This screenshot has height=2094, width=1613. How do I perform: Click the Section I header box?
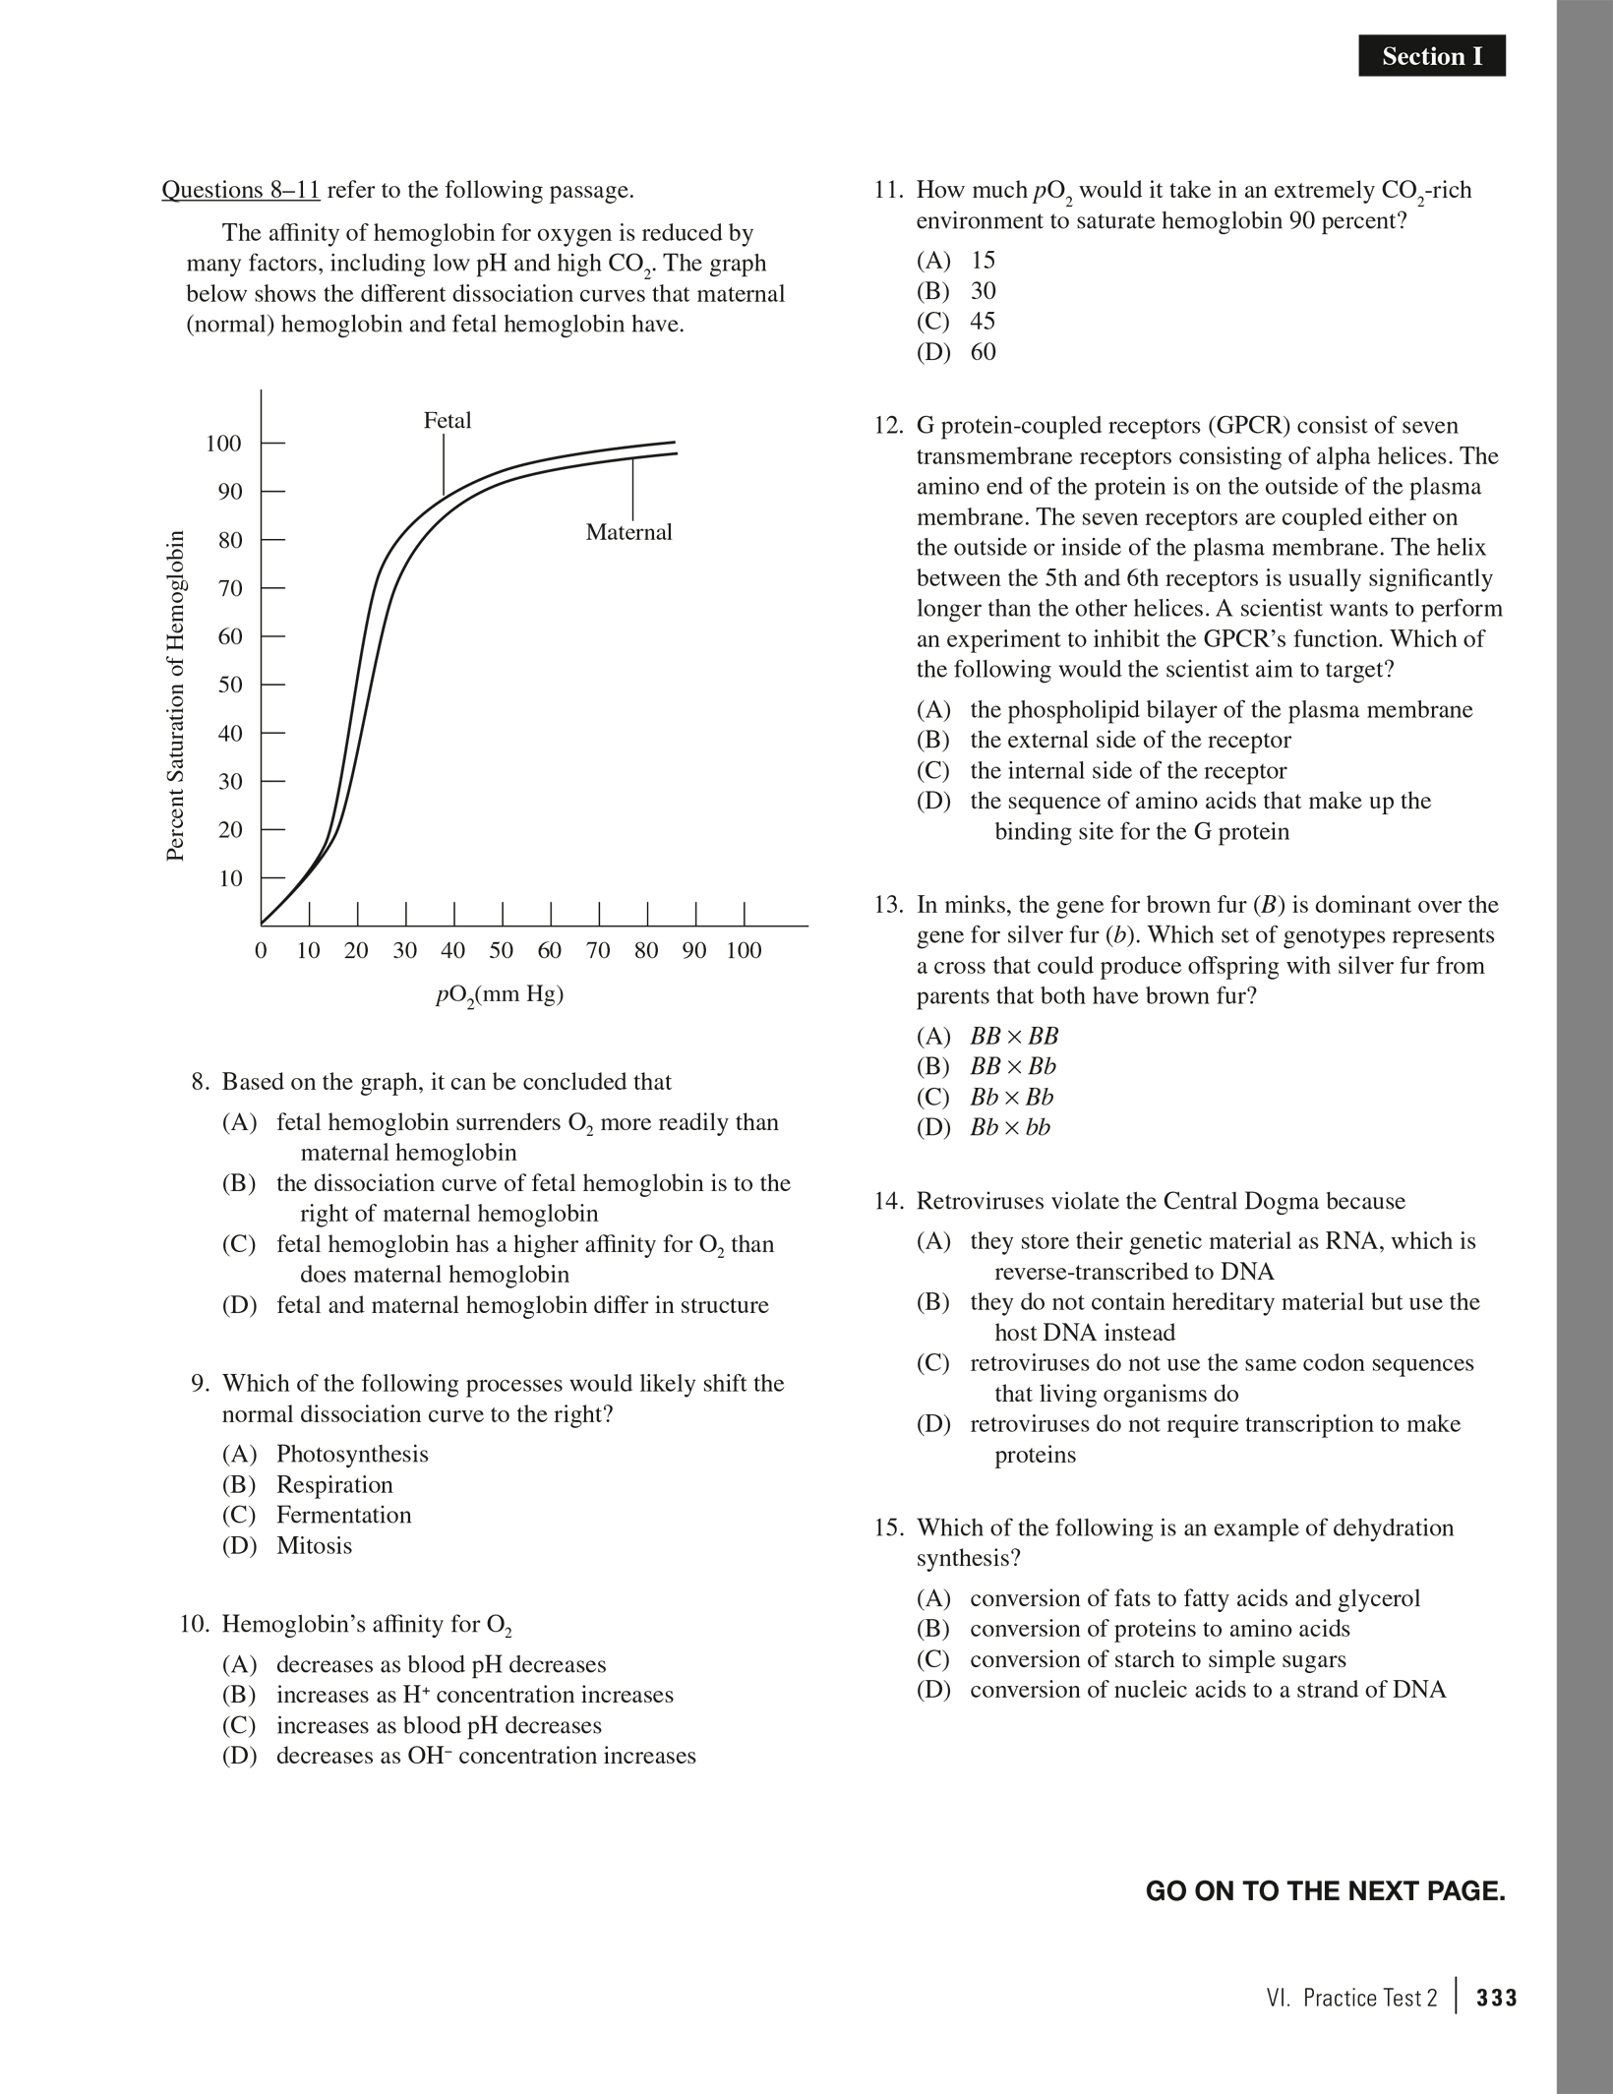(1431, 56)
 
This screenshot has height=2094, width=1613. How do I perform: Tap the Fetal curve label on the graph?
(448, 421)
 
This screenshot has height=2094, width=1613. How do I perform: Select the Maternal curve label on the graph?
(628, 532)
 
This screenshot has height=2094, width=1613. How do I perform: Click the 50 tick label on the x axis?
(502, 951)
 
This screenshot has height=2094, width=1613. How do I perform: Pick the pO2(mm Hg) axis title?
(499, 994)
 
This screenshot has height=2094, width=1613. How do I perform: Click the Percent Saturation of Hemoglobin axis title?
(175, 695)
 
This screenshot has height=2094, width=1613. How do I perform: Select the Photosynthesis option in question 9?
(352, 1454)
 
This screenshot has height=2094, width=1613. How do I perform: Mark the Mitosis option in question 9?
(314, 1545)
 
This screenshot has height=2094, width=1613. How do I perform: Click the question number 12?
(888, 426)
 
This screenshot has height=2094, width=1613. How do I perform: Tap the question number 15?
(888, 1527)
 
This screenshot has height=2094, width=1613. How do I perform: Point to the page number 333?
(1497, 1999)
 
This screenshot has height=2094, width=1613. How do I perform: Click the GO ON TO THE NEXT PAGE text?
(1325, 1891)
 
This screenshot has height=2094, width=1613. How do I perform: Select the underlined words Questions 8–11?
(241, 190)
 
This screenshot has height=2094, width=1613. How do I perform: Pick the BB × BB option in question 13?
(1014, 1036)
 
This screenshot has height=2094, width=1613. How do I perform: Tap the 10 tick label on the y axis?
(229, 878)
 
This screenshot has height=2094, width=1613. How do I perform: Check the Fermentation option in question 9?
(343, 1515)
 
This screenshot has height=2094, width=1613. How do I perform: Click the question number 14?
(888, 1201)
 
